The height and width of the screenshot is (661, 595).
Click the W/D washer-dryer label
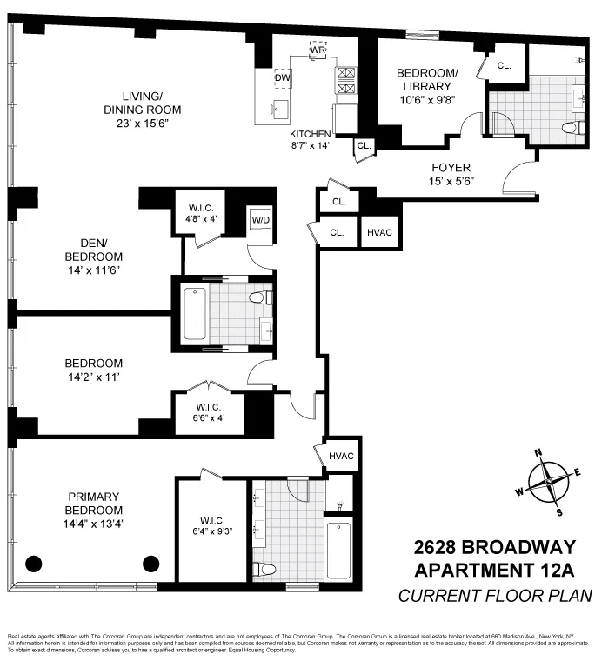[260, 219]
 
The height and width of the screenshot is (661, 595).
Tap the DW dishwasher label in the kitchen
[282, 78]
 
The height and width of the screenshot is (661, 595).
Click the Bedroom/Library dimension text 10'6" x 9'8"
[425, 100]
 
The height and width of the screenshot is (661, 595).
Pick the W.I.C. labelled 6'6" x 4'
[208, 411]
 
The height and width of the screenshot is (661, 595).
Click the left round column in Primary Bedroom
[34, 563]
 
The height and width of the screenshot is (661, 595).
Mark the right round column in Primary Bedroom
[151, 563]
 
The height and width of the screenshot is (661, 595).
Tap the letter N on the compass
[538, 452]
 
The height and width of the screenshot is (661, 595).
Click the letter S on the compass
[559, 511]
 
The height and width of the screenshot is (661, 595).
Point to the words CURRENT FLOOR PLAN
[495, 596]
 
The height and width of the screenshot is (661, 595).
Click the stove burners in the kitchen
[346, 80]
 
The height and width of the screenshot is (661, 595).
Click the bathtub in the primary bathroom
[338, 550]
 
